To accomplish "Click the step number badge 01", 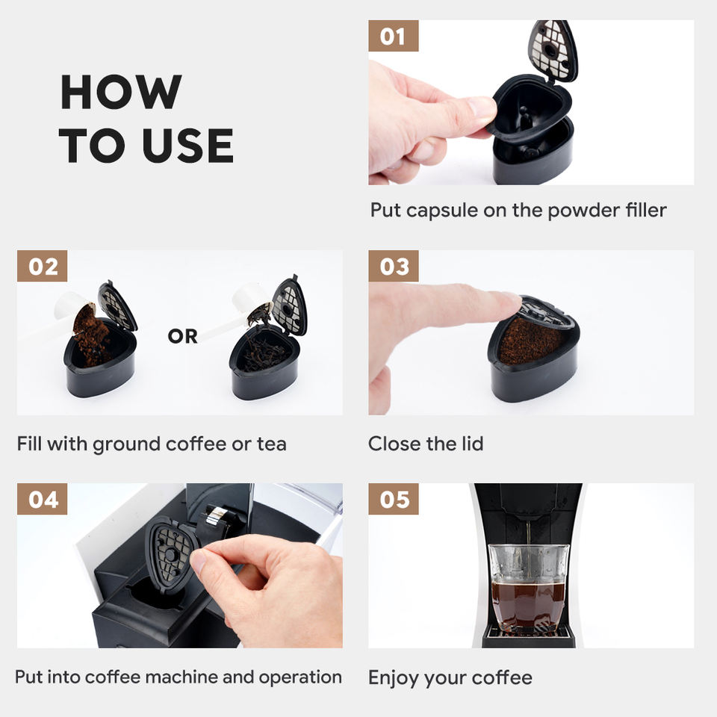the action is pyautogui.click(x=394, y=36).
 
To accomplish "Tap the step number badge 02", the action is pyautogui.click(x=42, y=266).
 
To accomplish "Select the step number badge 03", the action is pyautogui.click(x=394, y=266).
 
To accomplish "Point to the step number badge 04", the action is pyautogui.click(x=42, y=499).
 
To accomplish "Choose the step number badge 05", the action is pyautogui.click(x=394, y=499).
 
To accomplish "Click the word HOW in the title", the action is pyautogui.click(x=121, y=92).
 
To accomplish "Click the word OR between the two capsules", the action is pyautogui.click(x=182, y=337).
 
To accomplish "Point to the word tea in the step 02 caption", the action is pyautogui.click(x=272, y=444).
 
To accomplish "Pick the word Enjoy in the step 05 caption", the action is pyautogui.click(x=394, y=678).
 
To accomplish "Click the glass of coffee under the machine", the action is pyautogui.click(x=529, y=589).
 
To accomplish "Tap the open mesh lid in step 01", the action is pyautogui.click(x=553, y=50).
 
